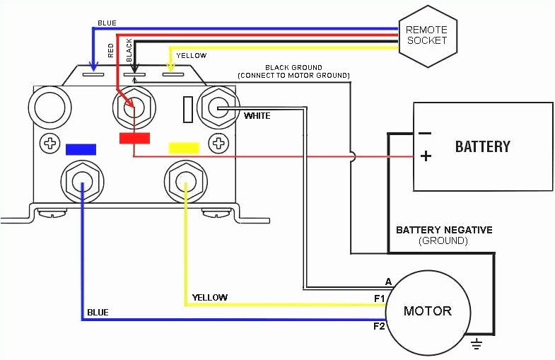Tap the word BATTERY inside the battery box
coord(482,146)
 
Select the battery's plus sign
coord(425,156)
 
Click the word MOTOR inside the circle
coord(427,311)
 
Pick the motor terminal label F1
coord(379,299)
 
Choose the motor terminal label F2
coord(379,326)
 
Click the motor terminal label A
coord(387,281)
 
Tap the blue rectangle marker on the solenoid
coord(80,149)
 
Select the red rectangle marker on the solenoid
coord(134,137)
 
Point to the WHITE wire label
coord(257,115)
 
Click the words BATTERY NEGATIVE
coord(444,230)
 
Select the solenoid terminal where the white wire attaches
coord(217,108)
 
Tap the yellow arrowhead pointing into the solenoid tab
coord(169,69)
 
